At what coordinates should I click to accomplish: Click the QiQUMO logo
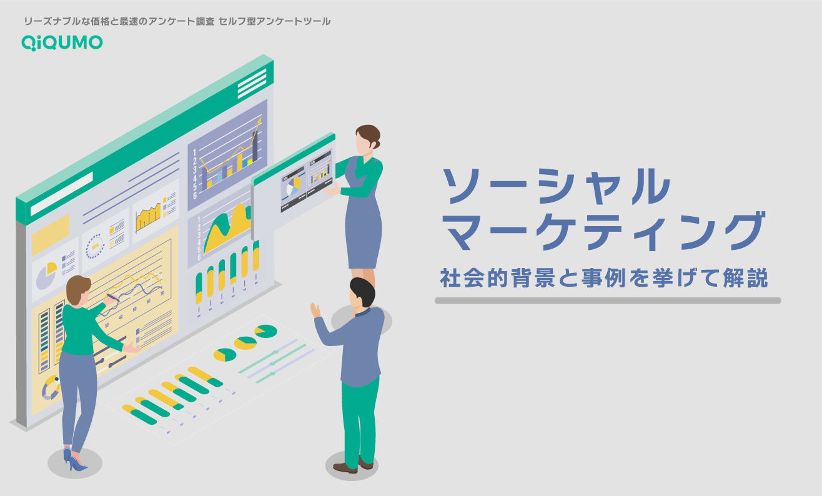point(62,42)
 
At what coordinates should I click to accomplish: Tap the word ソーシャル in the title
point(555,186)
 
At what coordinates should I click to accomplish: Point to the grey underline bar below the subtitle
point(607,300)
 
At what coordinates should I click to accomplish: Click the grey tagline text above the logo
point(177,21)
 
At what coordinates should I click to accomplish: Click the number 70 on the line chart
point(162,293)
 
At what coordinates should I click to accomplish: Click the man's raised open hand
point(315,309)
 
